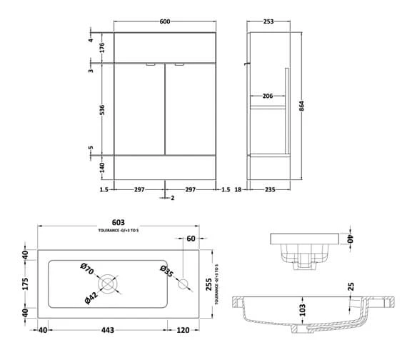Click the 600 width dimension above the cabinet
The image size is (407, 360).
[165, 21]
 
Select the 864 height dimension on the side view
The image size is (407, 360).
[301, 106]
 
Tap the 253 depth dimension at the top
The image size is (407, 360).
[268, 21]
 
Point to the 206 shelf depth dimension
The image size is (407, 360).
[267, 96]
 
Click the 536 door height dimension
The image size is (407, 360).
[101, 109]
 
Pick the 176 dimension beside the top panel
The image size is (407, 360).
[101, 48]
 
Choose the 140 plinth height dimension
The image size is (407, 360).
[101, 168]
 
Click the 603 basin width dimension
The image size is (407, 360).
[118, 222]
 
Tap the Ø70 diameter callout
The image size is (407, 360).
[87, 269]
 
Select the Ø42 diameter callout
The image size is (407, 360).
[91, 298]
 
